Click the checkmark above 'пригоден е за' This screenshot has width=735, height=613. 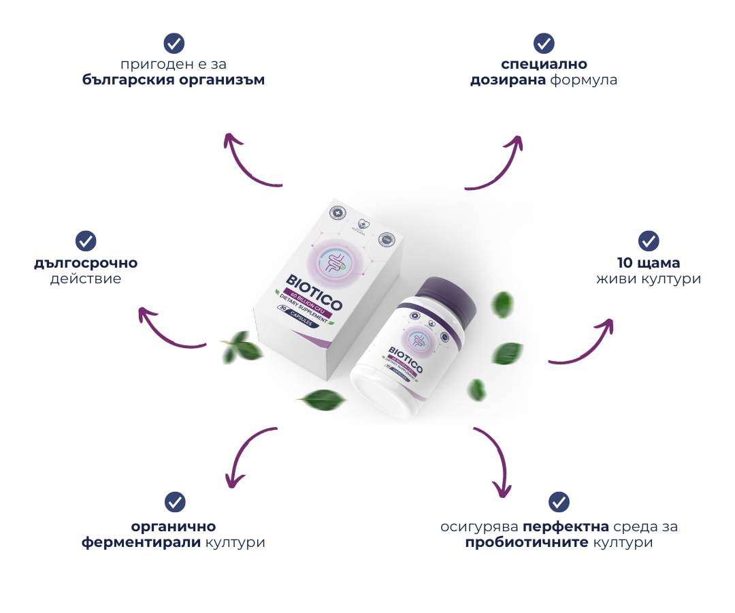pyautogui.click(x=175, y=44)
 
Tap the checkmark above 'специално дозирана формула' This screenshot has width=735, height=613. pyautogui.click(x=543, y=44)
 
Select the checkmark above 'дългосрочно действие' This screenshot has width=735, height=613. pyautogui.click(x=86, y=240)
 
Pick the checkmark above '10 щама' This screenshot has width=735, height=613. pyautogui.click(x=648, y=241)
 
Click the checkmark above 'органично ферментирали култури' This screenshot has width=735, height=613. pyautogui.click(x=175, y=503)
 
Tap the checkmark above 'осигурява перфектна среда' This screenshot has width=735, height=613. pyautogui.click(x=559, y=502)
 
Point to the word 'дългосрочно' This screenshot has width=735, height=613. pyautogui.click(x=86, y=262)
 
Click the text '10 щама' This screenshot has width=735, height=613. pyautogui.click(x=648, y=263)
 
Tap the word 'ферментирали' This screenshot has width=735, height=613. pyautogui.click(x=141, y=543)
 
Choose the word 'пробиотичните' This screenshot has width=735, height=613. pyautogui.click(x=527, y=543)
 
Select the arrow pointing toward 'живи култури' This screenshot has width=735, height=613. pyautogui.click(x=585, y=344)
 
